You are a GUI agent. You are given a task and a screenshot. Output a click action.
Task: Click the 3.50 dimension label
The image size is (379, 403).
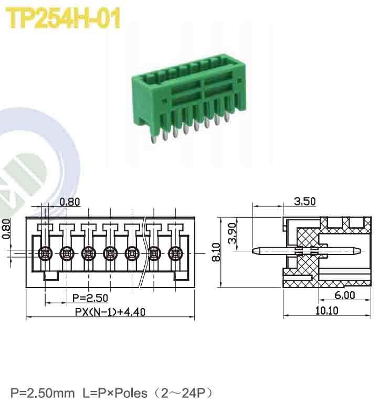[305, 201]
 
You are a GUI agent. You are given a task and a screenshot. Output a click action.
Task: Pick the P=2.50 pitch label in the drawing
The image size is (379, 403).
[90, 298]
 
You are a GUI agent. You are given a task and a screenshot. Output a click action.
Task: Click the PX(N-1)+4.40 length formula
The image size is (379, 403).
[110, 312]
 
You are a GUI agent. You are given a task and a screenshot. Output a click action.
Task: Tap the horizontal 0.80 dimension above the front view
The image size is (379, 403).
[70, 201]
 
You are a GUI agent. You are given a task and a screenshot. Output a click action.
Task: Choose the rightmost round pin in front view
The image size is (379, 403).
[175, 253]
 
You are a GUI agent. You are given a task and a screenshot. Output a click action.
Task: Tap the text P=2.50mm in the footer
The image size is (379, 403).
[43, 393]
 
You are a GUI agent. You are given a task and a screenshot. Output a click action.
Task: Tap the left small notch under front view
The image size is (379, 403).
[51, 275]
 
